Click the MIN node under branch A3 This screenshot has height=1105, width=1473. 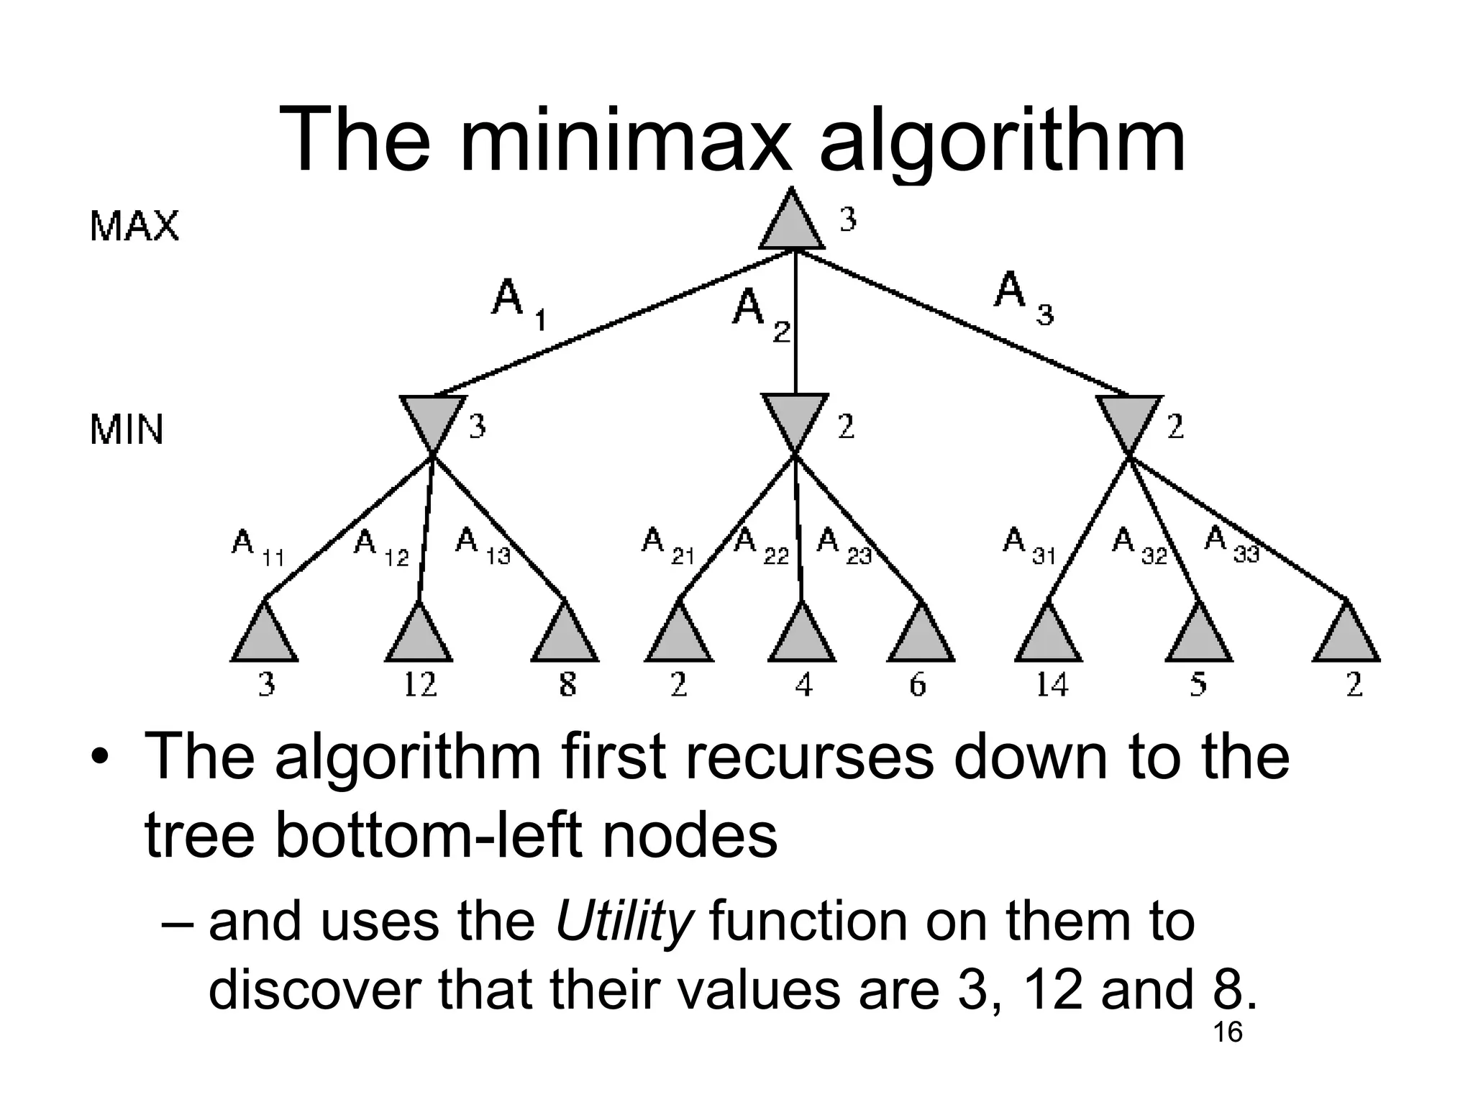pos(1129,423)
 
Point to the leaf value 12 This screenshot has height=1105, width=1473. pos(419,683)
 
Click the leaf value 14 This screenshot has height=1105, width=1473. pos(1052,683)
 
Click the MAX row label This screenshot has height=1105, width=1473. pos(134,226)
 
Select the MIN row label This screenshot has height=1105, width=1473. pos(127,430)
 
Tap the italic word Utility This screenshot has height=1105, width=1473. pos(624,922)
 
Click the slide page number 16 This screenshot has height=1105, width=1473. pos(1227,1032)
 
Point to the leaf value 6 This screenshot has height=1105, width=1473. pos(918,683)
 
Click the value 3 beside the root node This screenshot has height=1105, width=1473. pos(848,219)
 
